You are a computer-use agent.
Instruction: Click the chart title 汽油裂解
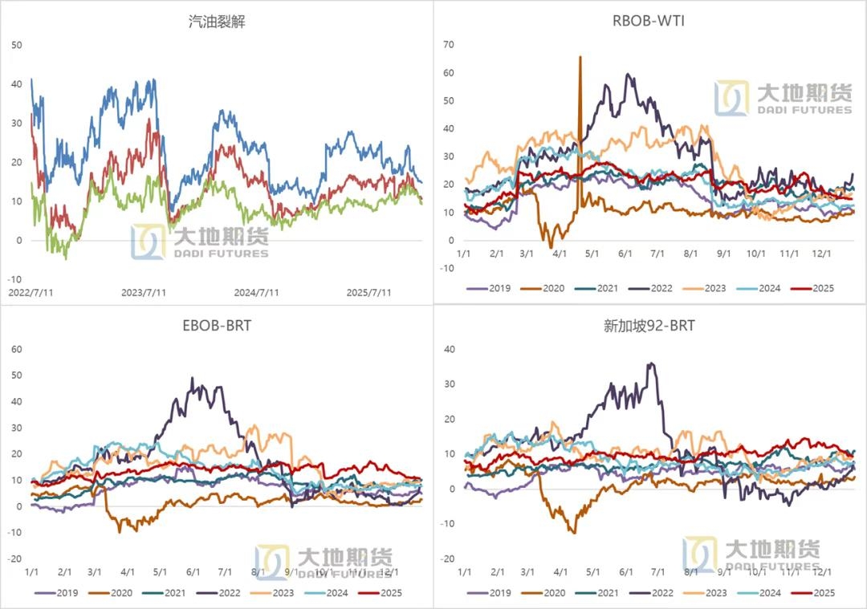(x=217, y=22)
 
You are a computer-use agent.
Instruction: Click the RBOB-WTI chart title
(x=649, y=21)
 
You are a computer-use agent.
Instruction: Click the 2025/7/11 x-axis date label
(x=368, y=293)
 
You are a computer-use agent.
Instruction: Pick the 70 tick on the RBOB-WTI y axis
(x=449, y=45)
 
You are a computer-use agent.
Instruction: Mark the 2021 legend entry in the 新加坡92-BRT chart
(x=600, y=593)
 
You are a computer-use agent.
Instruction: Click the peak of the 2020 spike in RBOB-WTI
(x=580, y=57)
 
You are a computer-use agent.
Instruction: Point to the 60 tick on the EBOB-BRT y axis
(x=17, y=350)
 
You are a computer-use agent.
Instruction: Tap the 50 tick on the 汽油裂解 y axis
(x=17, y=45)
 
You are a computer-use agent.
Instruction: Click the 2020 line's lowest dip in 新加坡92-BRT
(x=573, y=532)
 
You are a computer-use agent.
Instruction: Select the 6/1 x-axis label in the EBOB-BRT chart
(x=193, y=572)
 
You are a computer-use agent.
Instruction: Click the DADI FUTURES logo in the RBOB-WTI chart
(x=784, y=98)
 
